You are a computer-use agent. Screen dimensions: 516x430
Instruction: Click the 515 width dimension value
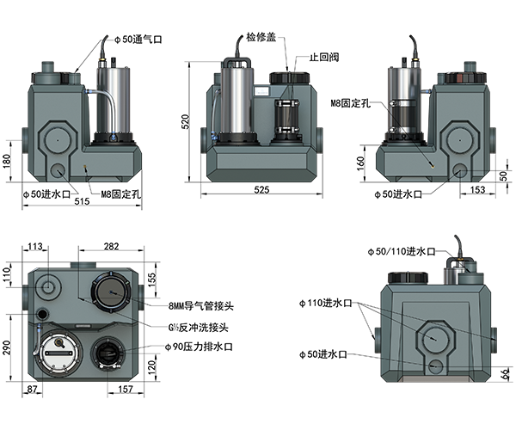82,201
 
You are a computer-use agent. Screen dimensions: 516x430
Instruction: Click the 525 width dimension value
261,190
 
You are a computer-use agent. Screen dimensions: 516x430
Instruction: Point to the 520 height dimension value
186,122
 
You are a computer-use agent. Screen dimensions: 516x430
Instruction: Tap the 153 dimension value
477,190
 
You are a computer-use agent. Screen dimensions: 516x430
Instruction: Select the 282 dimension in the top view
111,247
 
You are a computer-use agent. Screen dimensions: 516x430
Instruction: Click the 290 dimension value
7,347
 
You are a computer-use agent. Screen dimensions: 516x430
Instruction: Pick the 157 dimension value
125,390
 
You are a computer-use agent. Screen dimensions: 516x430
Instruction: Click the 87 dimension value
32,390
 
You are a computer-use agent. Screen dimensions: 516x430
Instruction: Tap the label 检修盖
261,37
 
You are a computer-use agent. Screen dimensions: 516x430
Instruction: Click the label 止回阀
324,58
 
